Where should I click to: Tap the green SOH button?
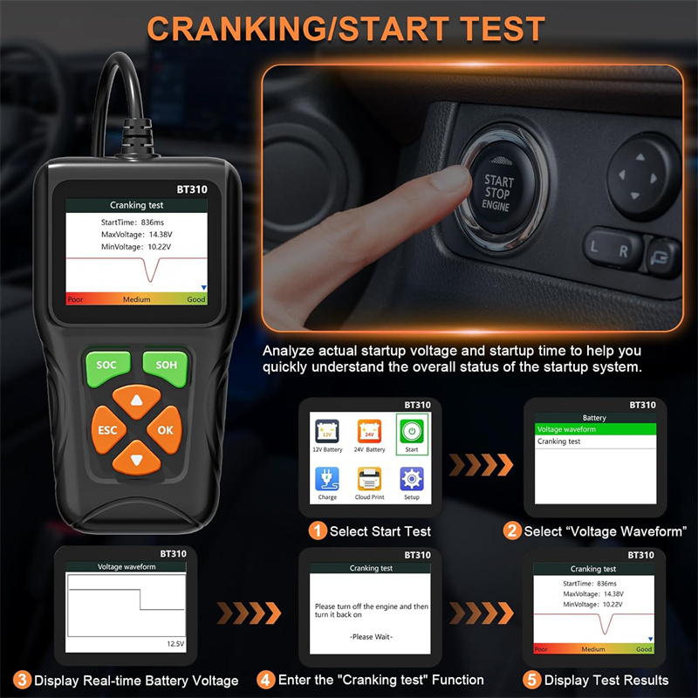[166, 366]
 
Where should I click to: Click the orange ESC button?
[107, 429]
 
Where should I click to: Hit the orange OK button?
[165, 429]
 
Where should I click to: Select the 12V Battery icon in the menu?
[327, 431]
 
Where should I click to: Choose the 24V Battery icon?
[369, 431]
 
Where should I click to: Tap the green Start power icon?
[412, 431]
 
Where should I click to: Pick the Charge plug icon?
[327, 478]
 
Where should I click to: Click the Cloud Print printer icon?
[369, 478]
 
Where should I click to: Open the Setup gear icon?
[412, 478]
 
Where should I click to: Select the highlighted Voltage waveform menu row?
[595, 429]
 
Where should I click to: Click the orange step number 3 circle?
[22, 681]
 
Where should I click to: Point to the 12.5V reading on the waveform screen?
[175, 644]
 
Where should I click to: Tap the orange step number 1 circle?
[318, 530]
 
